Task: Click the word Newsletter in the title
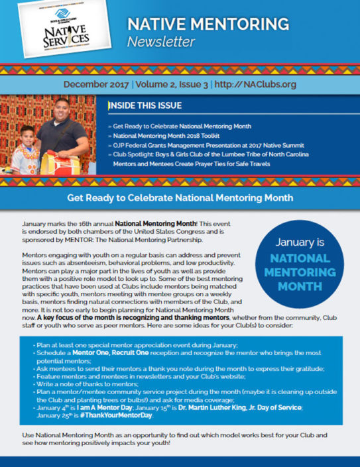161,43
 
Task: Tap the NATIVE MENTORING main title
208,25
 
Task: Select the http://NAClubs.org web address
253,85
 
